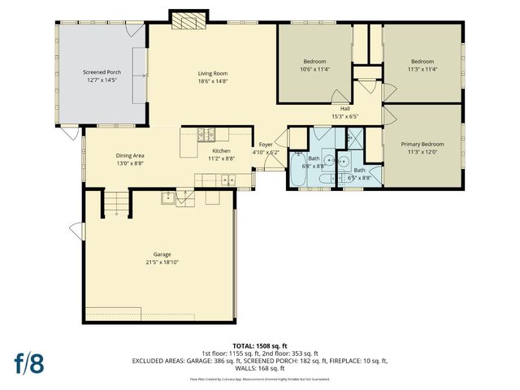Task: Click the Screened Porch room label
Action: pos(102,72)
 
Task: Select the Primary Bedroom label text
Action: pos(422,144)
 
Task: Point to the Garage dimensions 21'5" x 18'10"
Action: pos(151,262)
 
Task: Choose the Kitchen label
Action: pos(222,151)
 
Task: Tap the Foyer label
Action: pos(266,146)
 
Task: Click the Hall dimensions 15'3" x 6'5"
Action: pos(345,116)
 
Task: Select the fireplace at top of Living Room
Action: pos(180,17)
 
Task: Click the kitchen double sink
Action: pos(203,180)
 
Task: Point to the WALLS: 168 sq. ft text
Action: pos(260,368)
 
